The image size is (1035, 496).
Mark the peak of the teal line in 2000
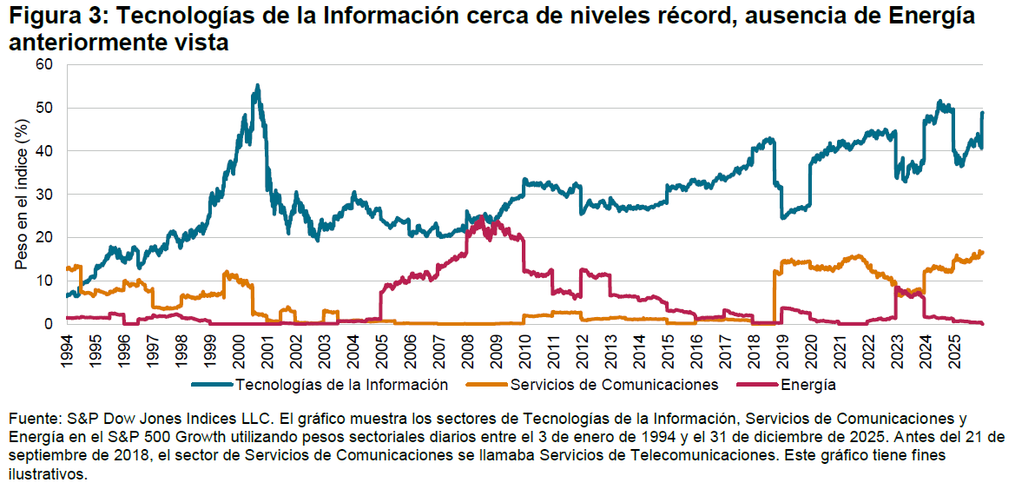[x=257, y=85]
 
